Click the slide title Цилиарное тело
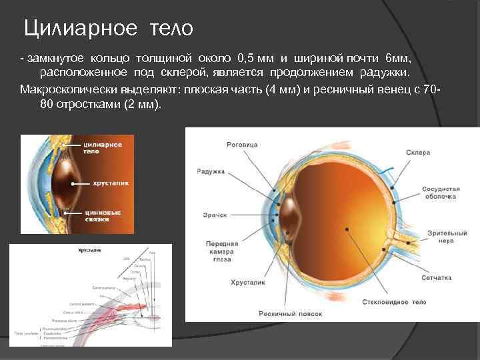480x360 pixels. (108, 28)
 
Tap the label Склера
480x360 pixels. (418, 153)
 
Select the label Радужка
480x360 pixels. (210, 172)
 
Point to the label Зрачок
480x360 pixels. (214, 215)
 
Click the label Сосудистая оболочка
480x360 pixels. (439, 193)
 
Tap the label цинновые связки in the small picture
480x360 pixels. (102, 215)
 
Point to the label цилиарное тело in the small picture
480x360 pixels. (101, 147)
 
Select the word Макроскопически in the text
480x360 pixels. (63, 89)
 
